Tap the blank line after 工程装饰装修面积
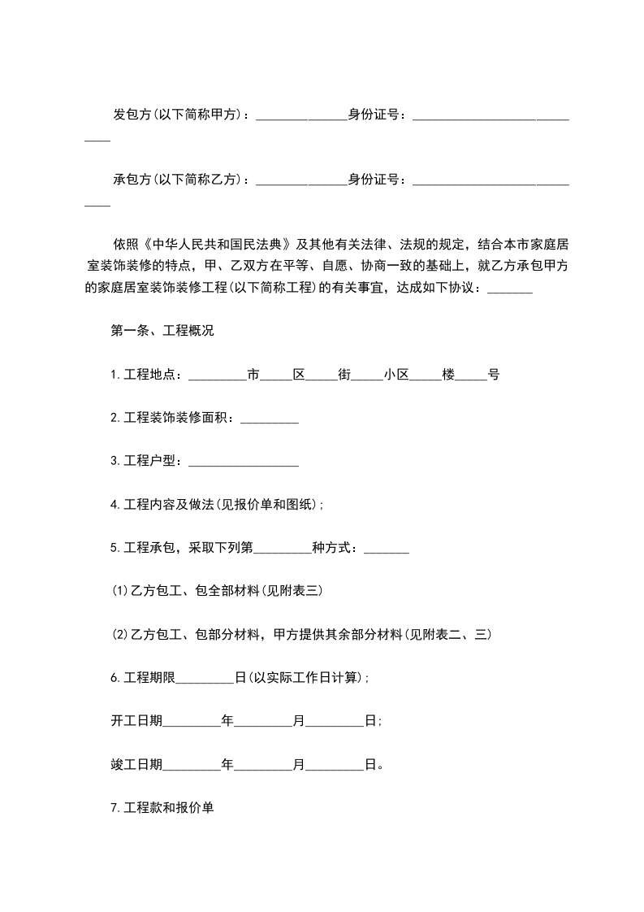[x=270, y=419]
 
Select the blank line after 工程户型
[x=244, y=462]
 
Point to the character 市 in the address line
[x=253, y=375]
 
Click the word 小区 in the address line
[x=396, y=375]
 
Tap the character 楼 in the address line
[x=448, y=375]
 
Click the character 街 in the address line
[x=344, y=375]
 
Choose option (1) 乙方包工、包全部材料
[x=218, y=591]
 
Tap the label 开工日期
[x=136, y=721]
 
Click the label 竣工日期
[x=136, y=764]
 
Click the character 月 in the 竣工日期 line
[x=299, y=764]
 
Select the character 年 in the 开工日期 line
[x=227, y=721]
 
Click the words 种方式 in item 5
[x=335, y=548]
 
